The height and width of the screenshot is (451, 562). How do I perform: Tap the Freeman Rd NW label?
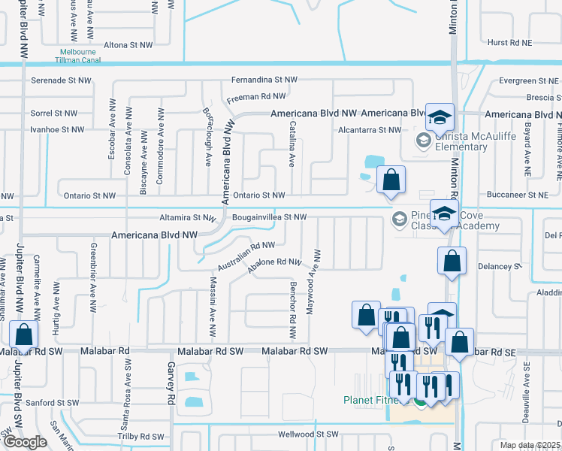coord(256,96)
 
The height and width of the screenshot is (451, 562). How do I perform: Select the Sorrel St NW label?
coord(54,113)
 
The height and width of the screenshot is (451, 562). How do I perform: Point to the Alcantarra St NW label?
coord(370,129)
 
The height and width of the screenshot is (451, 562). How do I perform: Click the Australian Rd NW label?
coord(246,256)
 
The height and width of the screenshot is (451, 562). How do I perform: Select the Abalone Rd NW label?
coord(275,262)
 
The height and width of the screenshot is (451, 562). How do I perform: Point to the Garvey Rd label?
coord(171,388)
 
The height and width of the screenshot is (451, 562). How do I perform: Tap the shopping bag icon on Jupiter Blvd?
coord(24,335)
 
